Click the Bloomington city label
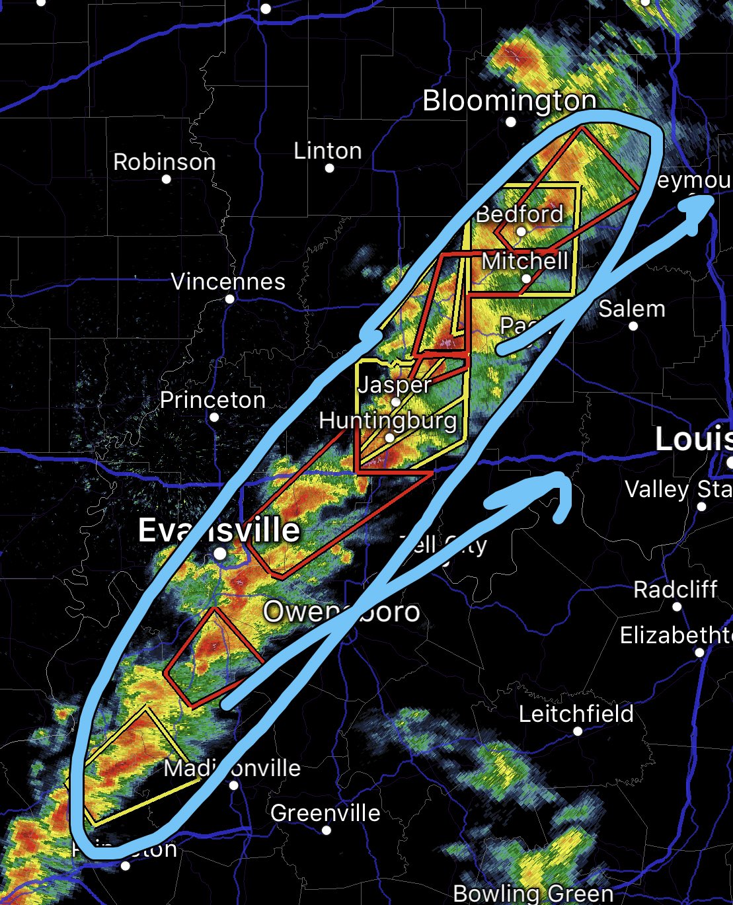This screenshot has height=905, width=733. (509, 100)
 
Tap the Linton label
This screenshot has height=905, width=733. (328, 151)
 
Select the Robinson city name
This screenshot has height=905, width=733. (165, 162)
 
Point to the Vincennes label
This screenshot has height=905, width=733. (228, 282)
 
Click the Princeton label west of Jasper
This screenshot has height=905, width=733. (213, 400)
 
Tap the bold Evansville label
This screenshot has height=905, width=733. (219, 530)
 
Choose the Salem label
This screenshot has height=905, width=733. (632, 309)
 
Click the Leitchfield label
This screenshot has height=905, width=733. (576, 714)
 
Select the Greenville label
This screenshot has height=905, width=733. (325, 812)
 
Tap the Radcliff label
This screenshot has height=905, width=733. (675, 589)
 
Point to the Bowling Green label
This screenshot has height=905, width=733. (533, 894)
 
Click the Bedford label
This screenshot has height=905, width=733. (520, 214)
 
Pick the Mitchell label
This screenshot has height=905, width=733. (525, 260)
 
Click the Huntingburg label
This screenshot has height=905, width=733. (388, 420)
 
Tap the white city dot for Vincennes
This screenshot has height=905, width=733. (230, 299)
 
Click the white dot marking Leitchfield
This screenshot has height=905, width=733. (578, 731)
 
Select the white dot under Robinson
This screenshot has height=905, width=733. (166, 179)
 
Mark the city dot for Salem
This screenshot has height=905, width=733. (633, 326)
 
